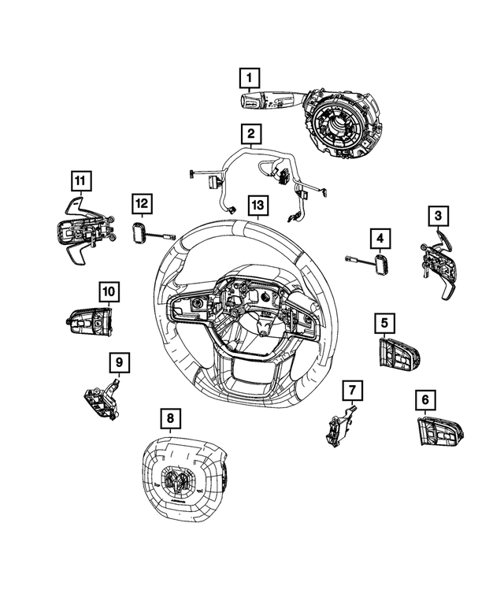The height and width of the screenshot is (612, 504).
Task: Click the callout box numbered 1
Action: [x=250, y=78]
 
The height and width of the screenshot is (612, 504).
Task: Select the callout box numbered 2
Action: [x=250, y=135]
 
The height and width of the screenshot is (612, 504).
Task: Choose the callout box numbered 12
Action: [x=141, y=205]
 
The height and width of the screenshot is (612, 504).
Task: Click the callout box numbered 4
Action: [x=380, y=237]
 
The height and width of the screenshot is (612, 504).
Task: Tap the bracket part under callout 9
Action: [x=102, y=399]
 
